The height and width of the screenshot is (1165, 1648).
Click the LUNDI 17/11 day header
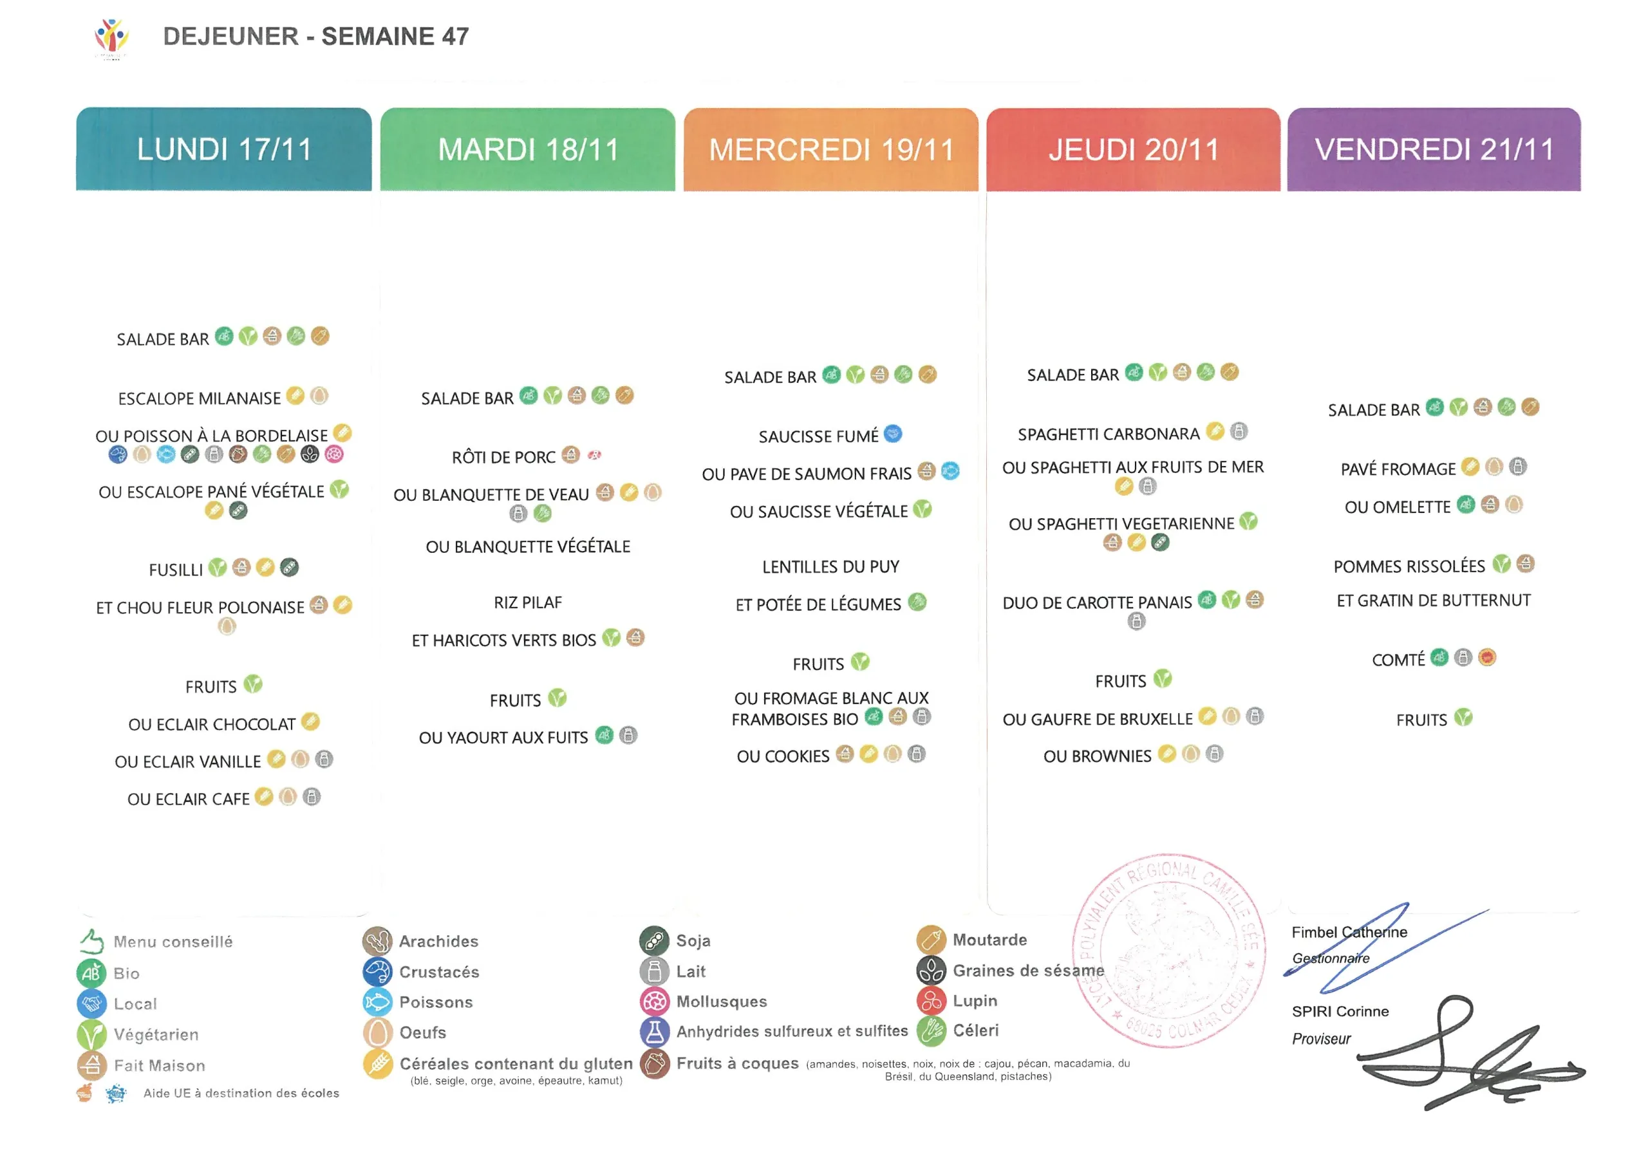[224, 149]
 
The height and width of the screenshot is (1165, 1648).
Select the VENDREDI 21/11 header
[1434, 149]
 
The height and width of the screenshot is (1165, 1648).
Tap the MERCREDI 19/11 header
[830, 149]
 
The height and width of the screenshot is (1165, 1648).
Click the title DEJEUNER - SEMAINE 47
[316, 36]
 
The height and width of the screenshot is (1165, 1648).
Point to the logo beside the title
[111, 38]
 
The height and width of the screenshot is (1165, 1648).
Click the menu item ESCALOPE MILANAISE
[199, 398]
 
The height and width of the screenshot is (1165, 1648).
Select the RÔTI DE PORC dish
[503, 457]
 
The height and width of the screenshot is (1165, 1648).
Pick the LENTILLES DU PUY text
[830, 567]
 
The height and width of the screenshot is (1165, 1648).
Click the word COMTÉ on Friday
[1398, 660]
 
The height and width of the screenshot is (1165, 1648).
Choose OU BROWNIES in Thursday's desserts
[1097, 756]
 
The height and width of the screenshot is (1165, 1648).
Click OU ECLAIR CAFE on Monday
[188, 799]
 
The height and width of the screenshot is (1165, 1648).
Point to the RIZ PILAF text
[528, 602]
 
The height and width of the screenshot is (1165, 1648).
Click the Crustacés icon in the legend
[377, 972]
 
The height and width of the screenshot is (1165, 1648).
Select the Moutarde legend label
[989, 940]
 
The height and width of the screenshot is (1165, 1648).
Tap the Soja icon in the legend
[654, 941]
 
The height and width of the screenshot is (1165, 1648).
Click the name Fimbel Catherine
[1349, 933]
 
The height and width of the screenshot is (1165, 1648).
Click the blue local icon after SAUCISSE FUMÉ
[892, 434]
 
